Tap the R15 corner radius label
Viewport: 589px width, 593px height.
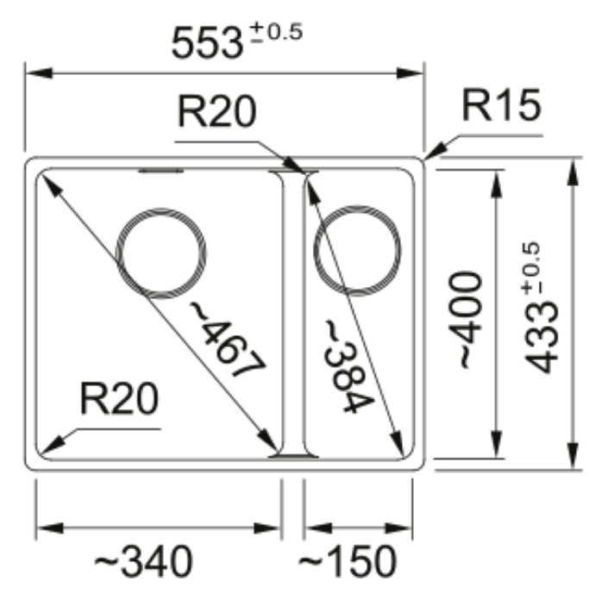(502, 105)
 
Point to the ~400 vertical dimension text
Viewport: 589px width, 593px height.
(465, 320)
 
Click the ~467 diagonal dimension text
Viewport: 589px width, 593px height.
(228, 339)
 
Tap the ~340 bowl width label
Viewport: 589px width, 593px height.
(143, 561)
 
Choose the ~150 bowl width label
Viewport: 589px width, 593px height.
(348, 561)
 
